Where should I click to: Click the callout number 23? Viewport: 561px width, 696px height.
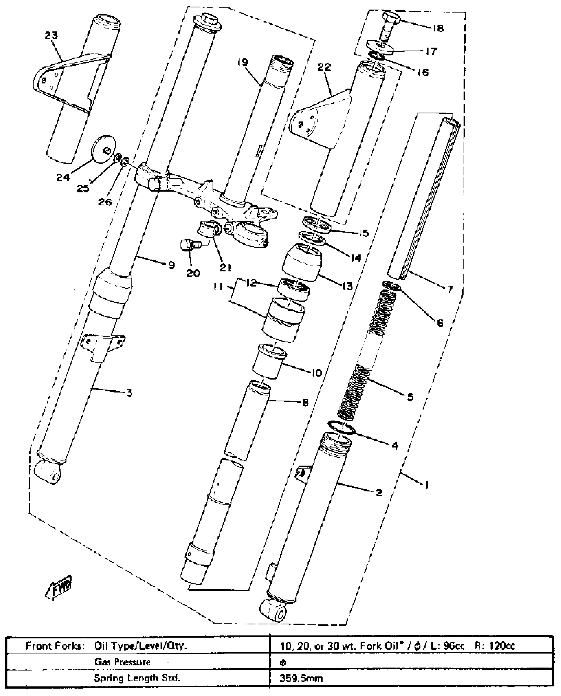tap(51, 35)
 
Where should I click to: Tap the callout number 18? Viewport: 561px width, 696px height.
tap(438, 29)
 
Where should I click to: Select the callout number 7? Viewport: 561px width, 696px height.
tap(450, 289)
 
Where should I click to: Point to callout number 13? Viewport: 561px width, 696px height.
tap(347, 286)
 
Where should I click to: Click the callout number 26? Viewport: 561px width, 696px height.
tap(105, 202)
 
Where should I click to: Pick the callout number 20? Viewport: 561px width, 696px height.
tap(193, 273)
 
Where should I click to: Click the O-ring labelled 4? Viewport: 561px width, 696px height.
tap(341, 428)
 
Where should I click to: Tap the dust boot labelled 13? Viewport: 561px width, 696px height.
tap(302, 263)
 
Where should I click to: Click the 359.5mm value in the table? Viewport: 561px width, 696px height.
tap(301, 678)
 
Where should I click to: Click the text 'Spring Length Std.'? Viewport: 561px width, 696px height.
tap(137, 678)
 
